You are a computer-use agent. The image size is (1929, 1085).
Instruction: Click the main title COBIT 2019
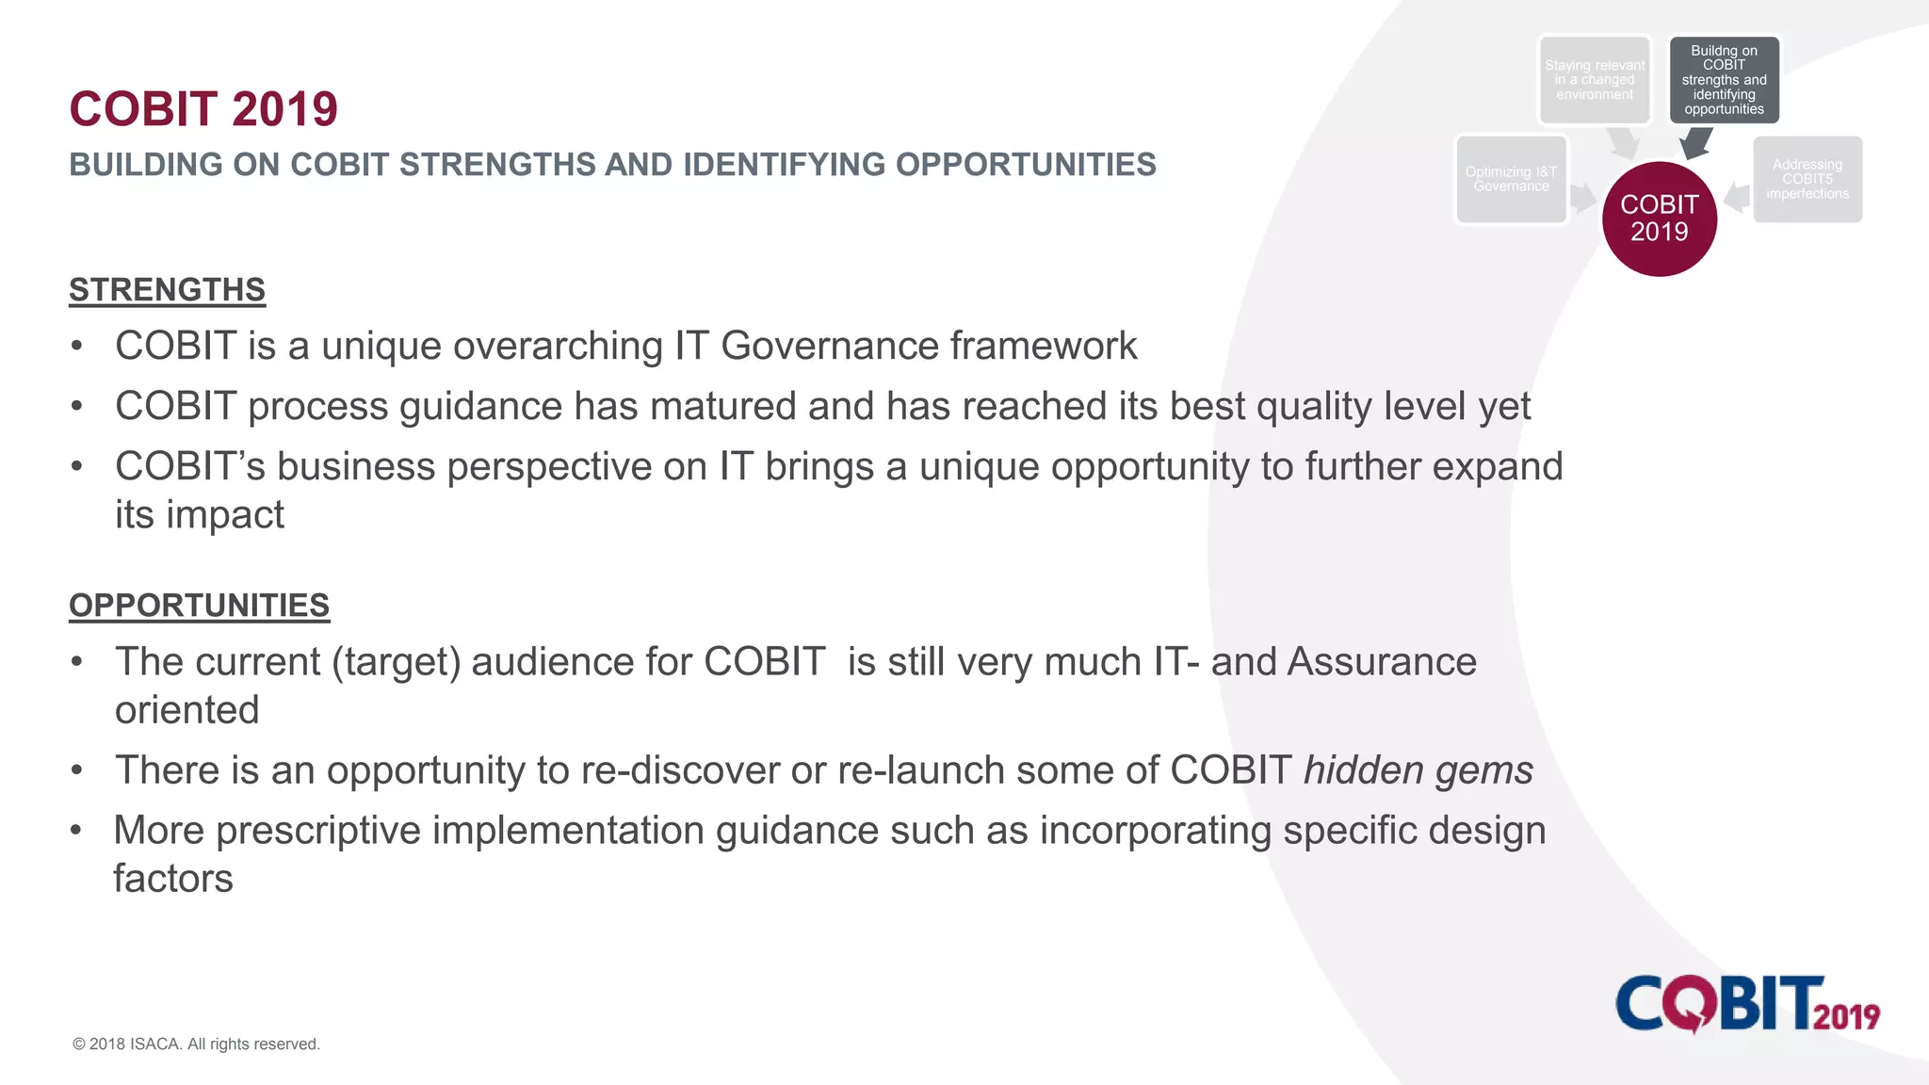203,109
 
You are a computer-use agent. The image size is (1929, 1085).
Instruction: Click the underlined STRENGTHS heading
167,290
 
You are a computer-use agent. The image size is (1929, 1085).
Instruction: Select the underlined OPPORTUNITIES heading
199,606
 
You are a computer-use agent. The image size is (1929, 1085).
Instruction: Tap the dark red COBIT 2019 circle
1659,219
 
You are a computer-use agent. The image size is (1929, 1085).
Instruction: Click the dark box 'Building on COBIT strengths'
1724,80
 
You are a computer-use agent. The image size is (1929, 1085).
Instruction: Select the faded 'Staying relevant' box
1595,80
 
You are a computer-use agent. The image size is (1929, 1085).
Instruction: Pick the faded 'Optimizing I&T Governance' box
1511,179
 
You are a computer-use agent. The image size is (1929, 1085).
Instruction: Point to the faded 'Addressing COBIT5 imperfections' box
1807,179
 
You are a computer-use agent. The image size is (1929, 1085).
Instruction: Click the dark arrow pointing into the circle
1695,142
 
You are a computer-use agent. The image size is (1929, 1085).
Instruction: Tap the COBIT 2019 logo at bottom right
1747,1004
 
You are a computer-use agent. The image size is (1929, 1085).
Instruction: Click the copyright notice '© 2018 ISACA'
196,1044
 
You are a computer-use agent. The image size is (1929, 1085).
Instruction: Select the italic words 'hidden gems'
1418,770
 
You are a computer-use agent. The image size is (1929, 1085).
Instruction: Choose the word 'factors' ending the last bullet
173,879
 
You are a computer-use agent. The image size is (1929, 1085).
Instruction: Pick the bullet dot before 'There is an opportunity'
77,771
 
